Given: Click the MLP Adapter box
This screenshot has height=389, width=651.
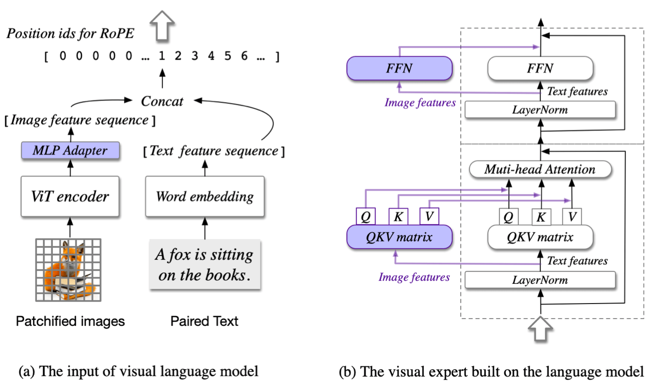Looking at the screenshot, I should click(x=70, y=151).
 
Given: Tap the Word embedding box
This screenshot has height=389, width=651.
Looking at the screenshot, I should click(x=205, y=196).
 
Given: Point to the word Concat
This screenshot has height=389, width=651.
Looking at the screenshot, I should click(x=162, y=101).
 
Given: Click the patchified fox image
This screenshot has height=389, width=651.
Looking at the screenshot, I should click(x=69, y=270).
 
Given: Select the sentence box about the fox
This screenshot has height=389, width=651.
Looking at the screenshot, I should click(x=205, y=265).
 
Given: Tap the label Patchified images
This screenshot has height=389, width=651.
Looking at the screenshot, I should click(x=70, y=321).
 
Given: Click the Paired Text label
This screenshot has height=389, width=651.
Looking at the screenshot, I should click(x=205, y=321).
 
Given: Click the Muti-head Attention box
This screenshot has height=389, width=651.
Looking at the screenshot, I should click(x=540, y=169).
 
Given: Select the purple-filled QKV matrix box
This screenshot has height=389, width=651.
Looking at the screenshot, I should click(x=399, y=237).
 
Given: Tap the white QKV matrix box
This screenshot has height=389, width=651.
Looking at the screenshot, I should click(x=540, y=237).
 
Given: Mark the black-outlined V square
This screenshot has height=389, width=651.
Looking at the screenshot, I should click(x=572, y=217).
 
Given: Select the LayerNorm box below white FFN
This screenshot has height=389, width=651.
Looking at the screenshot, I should click(x=540, y=110).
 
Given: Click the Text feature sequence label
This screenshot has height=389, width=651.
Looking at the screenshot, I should click(x=214, y=151).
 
